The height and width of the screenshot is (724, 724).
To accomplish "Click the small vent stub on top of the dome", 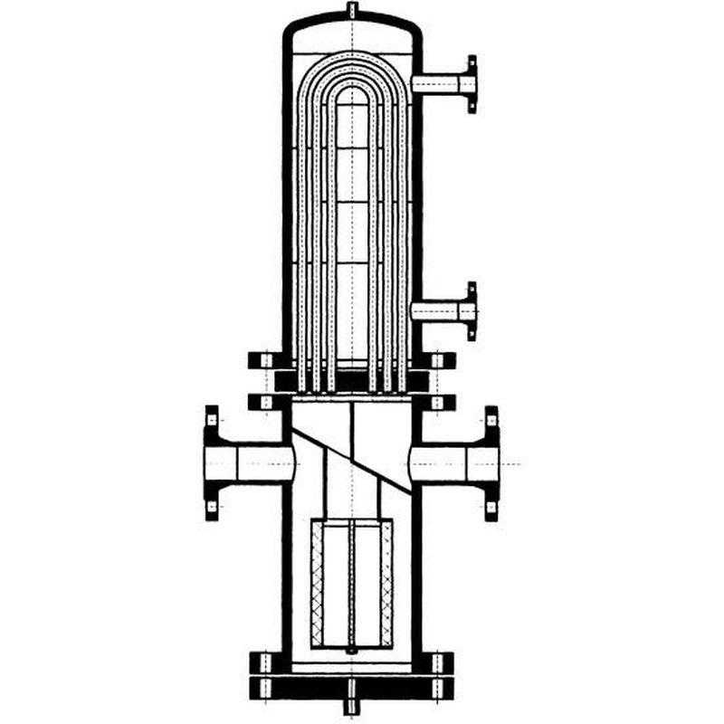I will point(352,10).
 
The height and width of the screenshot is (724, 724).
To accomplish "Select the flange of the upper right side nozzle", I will point(472,84).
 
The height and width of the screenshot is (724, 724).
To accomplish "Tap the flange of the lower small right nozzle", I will point(472,311).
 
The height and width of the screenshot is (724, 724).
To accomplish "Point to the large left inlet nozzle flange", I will point(212,464).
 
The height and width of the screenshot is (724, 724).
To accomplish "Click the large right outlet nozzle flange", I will point(491,464).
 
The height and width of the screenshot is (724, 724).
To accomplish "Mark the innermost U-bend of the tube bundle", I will point(352,90).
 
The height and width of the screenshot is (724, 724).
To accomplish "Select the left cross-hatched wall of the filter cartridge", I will point(317,584).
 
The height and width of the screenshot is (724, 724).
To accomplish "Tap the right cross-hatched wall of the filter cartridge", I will point(387,584).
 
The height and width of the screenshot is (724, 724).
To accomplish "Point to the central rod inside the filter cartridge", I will point(352,584).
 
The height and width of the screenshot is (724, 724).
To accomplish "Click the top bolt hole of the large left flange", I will point(212,419).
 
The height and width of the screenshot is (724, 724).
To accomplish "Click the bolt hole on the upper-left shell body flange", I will point(265,360).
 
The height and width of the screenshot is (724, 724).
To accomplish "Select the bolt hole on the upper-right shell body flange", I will point(438,360).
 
